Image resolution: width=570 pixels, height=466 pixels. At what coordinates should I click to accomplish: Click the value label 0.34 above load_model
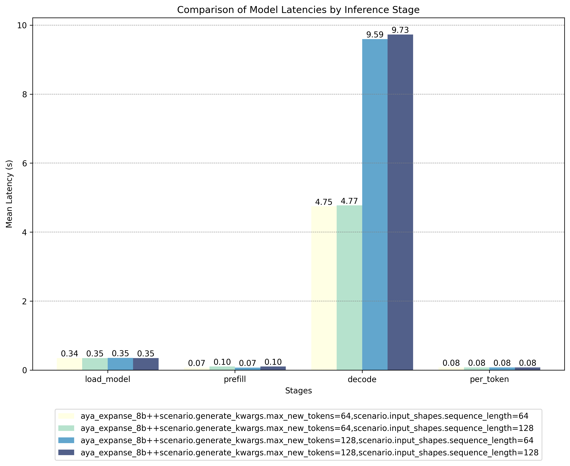click(70, 354)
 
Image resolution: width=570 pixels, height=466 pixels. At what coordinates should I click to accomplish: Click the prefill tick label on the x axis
click(235, 379)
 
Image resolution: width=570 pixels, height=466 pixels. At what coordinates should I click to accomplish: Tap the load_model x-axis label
click(108, 379)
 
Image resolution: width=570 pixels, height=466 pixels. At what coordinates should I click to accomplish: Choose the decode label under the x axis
click(362, 379)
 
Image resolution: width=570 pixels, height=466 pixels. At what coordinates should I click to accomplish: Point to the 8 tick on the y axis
click(25, 94)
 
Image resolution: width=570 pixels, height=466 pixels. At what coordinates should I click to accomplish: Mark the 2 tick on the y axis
click(25, 301)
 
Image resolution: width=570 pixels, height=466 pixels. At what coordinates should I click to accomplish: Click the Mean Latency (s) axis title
click(9, 194)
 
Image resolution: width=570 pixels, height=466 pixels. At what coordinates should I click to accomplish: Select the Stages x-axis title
click(298, 390)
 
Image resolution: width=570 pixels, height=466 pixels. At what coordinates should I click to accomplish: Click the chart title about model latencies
click(298, 10)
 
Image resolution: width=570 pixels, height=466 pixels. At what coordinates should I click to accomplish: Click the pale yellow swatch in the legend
click(66, 416)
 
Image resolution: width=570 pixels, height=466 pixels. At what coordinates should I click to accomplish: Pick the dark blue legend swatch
click(66, 453)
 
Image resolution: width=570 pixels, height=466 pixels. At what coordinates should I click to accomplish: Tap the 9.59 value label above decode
click(375, 35)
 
